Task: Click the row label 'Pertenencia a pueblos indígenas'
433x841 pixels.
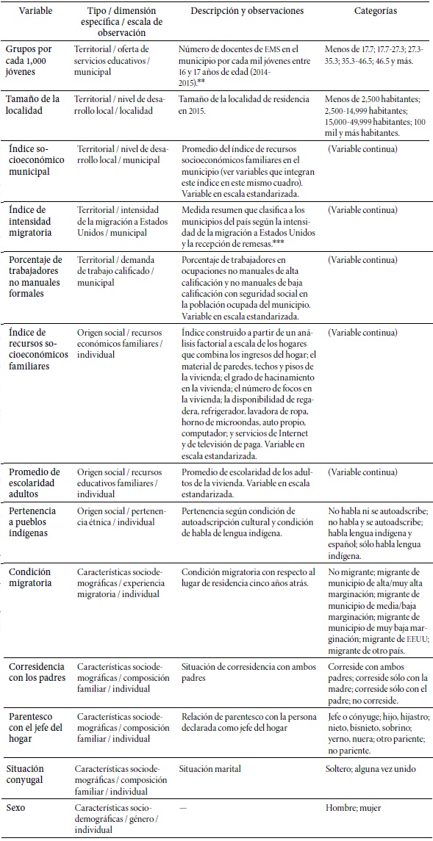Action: pos(35,521)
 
